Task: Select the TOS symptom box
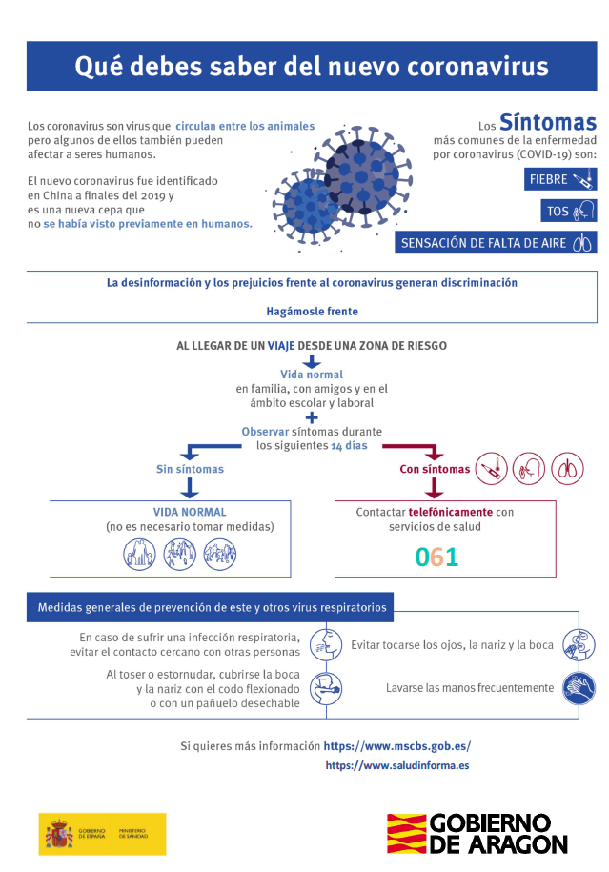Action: click(569, 211)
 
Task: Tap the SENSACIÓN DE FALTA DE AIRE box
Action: click(496, 243)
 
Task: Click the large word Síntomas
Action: click(548, 123)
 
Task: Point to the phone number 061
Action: click(437, 558)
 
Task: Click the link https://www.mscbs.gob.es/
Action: click(397, 746)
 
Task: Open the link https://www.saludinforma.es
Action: click(397, 765)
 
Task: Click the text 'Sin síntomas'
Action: click(191, 469)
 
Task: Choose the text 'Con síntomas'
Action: click(435, 469)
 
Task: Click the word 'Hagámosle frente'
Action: click(313, 311)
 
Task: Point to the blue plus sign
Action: click(312, 416)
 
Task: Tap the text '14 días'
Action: click(349, 446)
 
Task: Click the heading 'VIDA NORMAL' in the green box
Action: click(190, 512)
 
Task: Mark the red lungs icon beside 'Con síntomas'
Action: click(567, 468)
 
